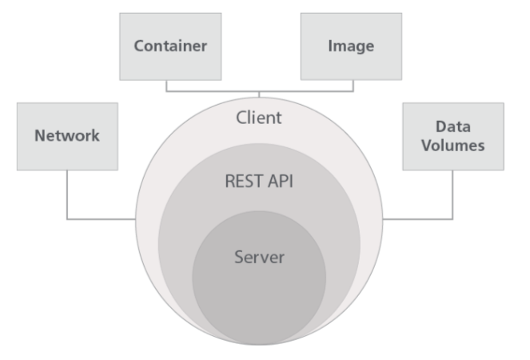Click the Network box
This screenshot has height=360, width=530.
click(x=66, y=136)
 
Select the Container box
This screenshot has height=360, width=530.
click(x=170, y=46)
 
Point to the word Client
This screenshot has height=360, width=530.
click(x=260, y=118)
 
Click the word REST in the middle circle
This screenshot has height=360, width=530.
click(x=242, y=181)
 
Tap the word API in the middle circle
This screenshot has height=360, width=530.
click(x=280, y=181)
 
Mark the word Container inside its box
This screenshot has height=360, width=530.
click(x=170, y=46)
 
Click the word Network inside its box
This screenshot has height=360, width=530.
click(x=66, y=136)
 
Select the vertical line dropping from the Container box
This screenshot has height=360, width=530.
click(x=166, y=86)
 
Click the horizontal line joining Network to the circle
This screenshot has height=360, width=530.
click(x=100, y=218)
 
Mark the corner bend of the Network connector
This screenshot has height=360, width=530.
click(x=66, y=218)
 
